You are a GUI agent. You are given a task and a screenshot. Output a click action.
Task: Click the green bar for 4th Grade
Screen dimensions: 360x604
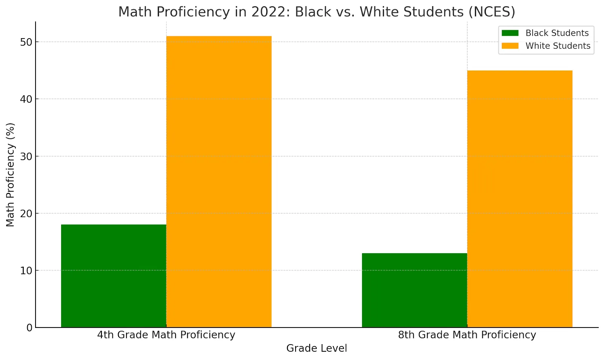[114, 276]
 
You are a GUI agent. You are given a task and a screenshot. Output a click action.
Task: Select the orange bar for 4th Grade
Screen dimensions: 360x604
[219, 182]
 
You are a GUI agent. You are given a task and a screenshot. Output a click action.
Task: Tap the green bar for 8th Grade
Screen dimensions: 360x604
[414, 290]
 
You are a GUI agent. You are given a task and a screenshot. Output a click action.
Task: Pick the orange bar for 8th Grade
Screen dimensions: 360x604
[519, 199]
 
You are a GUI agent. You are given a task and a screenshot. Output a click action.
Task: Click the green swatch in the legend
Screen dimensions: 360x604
[510, 33]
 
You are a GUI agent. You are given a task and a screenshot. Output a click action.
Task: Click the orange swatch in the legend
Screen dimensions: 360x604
[510, 46]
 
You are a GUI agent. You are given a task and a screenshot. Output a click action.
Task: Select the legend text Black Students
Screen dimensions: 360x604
[557, 33]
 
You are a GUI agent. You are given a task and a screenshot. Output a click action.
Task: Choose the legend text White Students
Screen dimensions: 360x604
[558, 46]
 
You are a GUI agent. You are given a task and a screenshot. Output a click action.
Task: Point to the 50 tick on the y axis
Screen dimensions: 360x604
[26, 42]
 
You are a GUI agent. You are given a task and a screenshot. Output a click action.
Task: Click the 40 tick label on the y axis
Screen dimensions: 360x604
[26, 99]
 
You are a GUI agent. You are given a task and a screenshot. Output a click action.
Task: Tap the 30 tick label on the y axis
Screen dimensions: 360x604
[26, 156]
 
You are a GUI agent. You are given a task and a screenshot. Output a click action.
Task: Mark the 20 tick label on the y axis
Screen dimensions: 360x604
[26, 214]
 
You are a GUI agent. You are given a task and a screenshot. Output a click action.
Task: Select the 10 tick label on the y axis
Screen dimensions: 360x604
[26, 271]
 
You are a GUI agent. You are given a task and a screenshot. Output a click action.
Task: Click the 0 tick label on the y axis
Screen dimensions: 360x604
[29, 328]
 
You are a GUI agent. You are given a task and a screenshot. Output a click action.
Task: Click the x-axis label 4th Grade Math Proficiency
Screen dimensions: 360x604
[166, 335]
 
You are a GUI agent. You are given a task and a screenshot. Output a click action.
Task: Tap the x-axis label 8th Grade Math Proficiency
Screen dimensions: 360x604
[467, 335]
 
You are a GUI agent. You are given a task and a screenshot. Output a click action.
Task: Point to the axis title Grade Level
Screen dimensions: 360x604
[316, 348]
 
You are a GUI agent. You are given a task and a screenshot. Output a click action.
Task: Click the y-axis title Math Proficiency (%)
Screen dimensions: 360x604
[10, 175]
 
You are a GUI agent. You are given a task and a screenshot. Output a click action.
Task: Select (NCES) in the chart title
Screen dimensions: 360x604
[492, 12]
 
